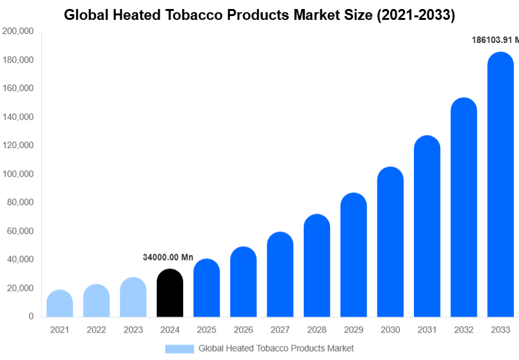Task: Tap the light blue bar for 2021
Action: click(x=60, y=304)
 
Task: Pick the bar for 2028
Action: click(x=317, y=265)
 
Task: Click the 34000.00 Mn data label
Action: click(x=168, y=257)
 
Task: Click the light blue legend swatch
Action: click(x=179, y=348)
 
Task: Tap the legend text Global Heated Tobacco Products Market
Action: click(x=276, y=348)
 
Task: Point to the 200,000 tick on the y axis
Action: click(x=18, y=31)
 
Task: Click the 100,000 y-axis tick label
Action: click(x=18, y=174)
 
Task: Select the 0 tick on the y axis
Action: click(x=31, y=316)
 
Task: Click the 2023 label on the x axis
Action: click(x=133, y=330)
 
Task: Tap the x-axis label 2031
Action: click(x=427, y=330)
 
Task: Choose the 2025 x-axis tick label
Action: click(x=206, y=330)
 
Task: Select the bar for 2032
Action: click(x=464, y=208)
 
